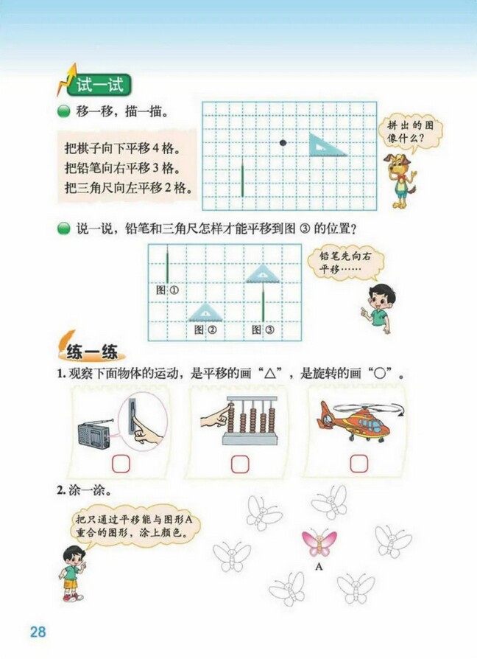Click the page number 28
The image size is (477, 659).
pyautogui.click(x=38, y=632)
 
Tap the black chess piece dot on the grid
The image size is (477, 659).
pyautogui.click(x=283, y=142)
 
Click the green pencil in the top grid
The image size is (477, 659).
pyautogui.click(x=243, y=179)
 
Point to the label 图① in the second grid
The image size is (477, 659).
pyautogui.click(x=168, y=290)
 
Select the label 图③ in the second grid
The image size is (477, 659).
pyautogui.click(x=263, y=330)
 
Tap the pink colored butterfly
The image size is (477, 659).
pyautogui.click(x=319, y=544)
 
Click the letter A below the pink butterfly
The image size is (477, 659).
pyautogui.click(x=319, y=567)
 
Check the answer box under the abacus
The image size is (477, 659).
pyautogui.click(x=239, y=464)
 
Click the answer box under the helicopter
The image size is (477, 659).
pyautogui.click(x=358, y=463)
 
